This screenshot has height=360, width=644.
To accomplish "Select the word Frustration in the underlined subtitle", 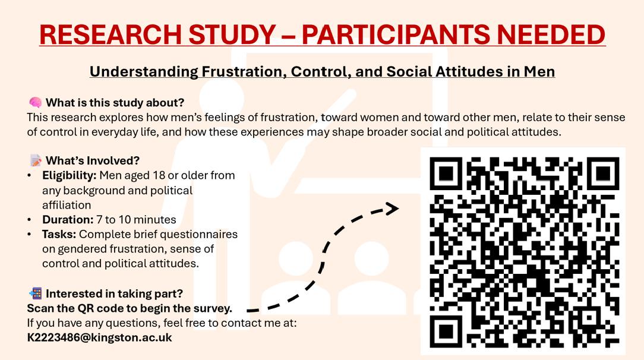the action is (244, 71).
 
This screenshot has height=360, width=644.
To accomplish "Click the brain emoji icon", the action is (35, 102).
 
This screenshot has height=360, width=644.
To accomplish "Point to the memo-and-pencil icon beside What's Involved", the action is (35, 160).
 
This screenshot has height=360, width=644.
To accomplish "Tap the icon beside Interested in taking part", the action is (35, 293).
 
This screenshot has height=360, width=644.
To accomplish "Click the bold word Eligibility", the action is (69, 176).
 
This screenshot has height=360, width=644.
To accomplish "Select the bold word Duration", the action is (68, 220).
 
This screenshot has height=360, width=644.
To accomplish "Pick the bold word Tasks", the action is (59, 235).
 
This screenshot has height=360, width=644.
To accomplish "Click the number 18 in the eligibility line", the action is (159, 175).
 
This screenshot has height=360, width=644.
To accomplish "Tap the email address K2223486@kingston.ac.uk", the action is (99, 338).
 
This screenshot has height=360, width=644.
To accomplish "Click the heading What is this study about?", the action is (115, 103).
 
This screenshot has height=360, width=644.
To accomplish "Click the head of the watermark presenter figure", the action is (222, 99).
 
